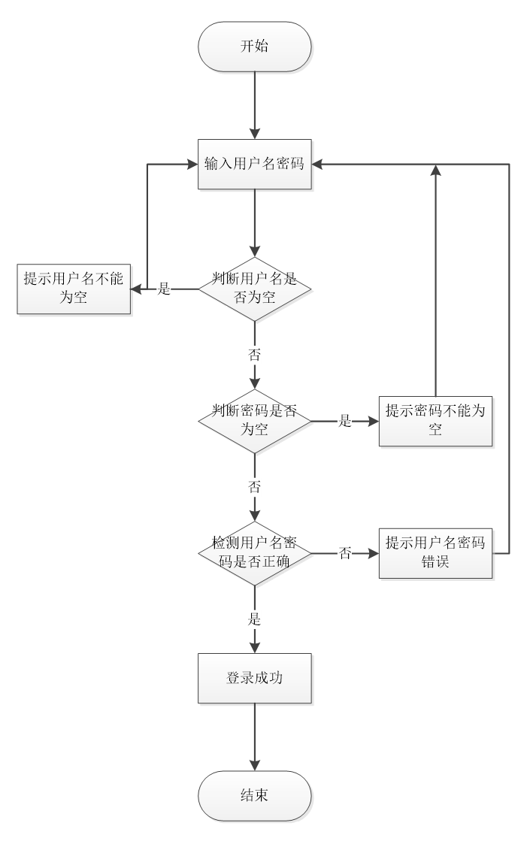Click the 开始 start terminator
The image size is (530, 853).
pyautogui.click(x=254, y=45)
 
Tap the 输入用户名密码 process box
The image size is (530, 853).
pyautogui.click(x=254, y=164)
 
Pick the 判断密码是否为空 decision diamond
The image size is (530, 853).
pyautogui.click(x=254, y=421)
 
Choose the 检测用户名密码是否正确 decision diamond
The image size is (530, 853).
pyautogui.click(x=254, y=553)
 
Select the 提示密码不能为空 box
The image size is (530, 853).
pyautogui.click(x=435, y=421)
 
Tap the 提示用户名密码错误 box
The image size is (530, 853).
pyautogui.click(x=435, y=553)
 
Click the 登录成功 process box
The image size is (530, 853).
pyautogui.click(x=254, y=678)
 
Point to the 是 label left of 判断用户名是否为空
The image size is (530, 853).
pyautogui.click(x=163, y=289)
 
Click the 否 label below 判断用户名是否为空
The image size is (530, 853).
pyautogui.click(x=254, y=352)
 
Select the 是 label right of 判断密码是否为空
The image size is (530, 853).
pyautogui.click(x=345, y=422)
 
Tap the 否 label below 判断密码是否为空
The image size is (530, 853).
pyautogui.click(x=254, y=485)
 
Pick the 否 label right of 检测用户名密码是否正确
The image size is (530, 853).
pyautogui.click(x=345, y=554)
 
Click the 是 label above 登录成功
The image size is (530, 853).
pyautogui.click(x=254, y=618)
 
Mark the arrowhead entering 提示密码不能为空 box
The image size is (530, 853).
pyautogui.click(x=374, y=422)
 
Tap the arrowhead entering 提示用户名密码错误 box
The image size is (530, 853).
pyautogui.click(x=374, y=554)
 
